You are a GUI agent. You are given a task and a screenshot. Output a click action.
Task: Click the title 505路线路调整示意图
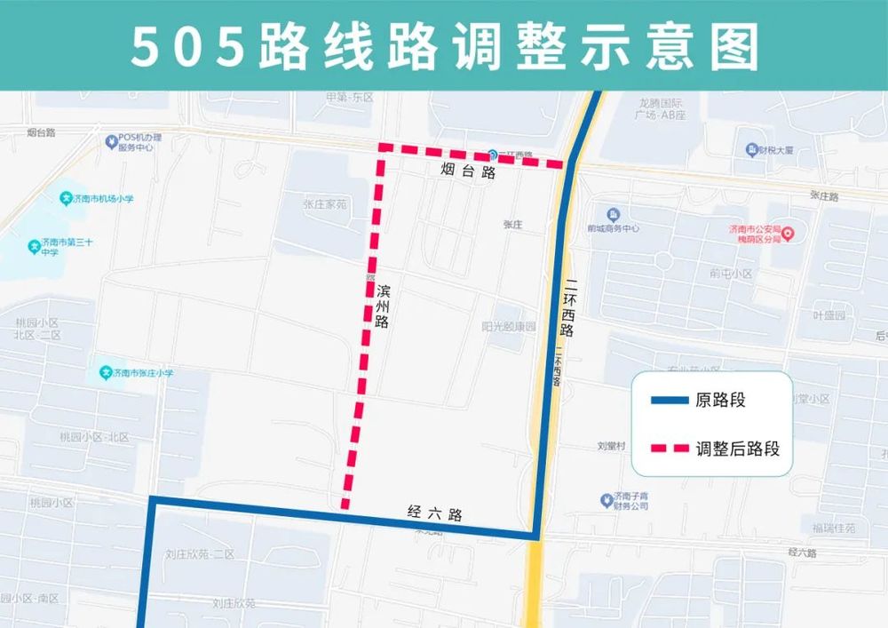[444, 45]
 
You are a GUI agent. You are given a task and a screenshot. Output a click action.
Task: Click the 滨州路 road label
[383, 306]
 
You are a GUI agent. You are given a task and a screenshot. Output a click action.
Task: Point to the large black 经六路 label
[435, 513]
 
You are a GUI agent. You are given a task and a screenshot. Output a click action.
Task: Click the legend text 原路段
[721, 401]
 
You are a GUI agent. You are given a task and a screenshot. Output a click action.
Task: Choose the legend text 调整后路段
[738, 449]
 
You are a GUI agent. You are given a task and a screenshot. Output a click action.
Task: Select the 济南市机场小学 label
[103, 199]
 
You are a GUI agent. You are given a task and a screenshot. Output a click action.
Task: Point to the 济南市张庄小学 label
[142, 373]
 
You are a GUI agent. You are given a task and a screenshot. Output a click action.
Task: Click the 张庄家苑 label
[324, 203]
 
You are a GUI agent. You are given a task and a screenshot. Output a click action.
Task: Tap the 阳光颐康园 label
[509, 326]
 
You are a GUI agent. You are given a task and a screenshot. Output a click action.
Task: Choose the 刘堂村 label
[612, 446]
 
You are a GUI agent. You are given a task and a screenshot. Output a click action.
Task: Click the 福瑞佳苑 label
[833, 529]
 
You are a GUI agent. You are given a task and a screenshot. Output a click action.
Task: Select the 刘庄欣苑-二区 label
[200, 554]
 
